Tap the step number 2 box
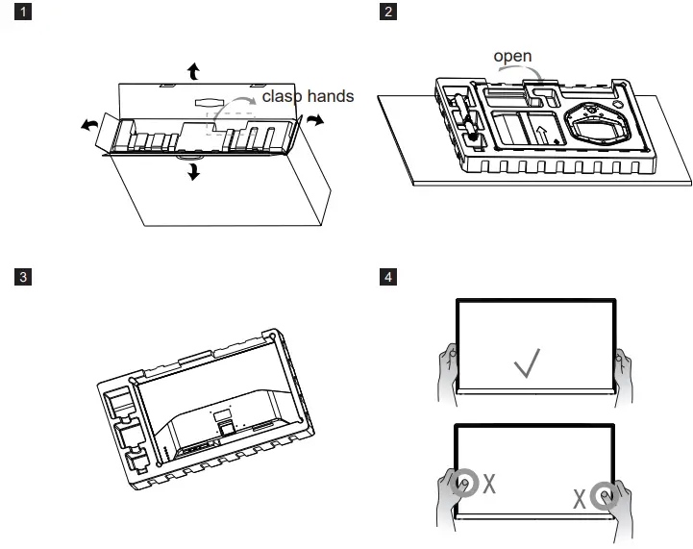click(388, 13)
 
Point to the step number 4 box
click(388, 277)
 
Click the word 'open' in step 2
click(512, 57)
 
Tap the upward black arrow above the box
click(194, 69)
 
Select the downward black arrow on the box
click(195, 171)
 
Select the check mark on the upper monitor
click(526, 363)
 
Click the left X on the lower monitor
click(489, 484)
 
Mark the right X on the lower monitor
click(580, 499)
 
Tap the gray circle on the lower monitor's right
click(604, 497)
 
